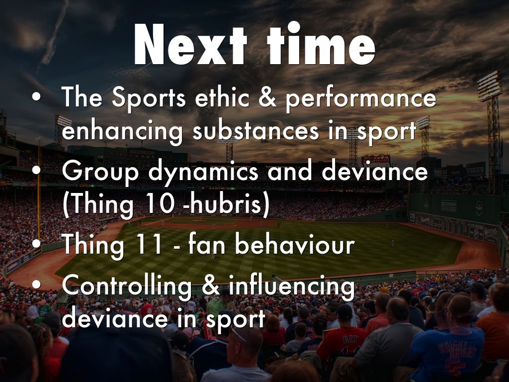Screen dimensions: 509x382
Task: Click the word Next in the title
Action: pos(190,44)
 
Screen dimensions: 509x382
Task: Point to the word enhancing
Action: pos(122,131)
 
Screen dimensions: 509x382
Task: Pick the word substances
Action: pos(256,131)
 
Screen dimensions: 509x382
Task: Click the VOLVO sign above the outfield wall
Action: pos(476,170)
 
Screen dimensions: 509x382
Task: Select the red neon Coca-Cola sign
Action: pos(376,160)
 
